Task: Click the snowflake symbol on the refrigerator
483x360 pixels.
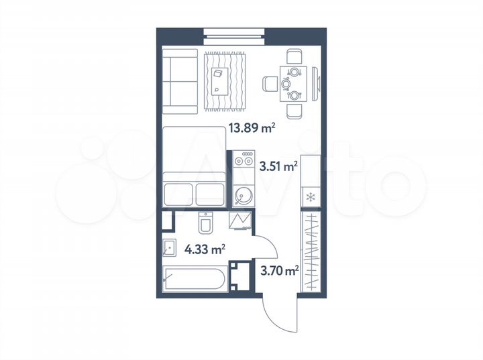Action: [311, 197]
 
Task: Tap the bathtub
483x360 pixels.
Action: [195, 278]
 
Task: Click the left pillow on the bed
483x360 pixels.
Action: [178, 194]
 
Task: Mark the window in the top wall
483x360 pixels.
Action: [235, 32]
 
